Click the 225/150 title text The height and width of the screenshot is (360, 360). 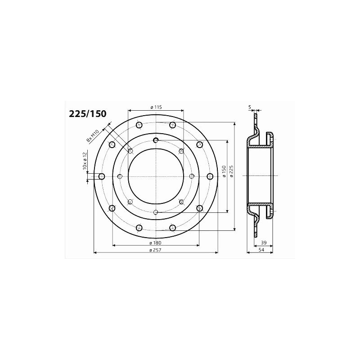click(x=88, y=114)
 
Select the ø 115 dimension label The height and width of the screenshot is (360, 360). click(x=156, y=107)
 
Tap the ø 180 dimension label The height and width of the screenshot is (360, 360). click(x=156, y=243)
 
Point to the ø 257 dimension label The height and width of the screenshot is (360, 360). click(x=156, y=250)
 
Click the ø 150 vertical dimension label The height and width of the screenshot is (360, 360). click(x=224, y=171)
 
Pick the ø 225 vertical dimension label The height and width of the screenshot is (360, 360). click(x=231, y=171)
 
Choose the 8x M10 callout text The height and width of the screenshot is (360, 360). click(x=92, y=136)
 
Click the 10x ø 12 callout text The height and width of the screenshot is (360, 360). click(x=85, y=161)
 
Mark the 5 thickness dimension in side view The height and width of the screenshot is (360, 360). click(x=250, y=107)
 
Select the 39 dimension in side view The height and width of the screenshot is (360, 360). click(x=264, y=243)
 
